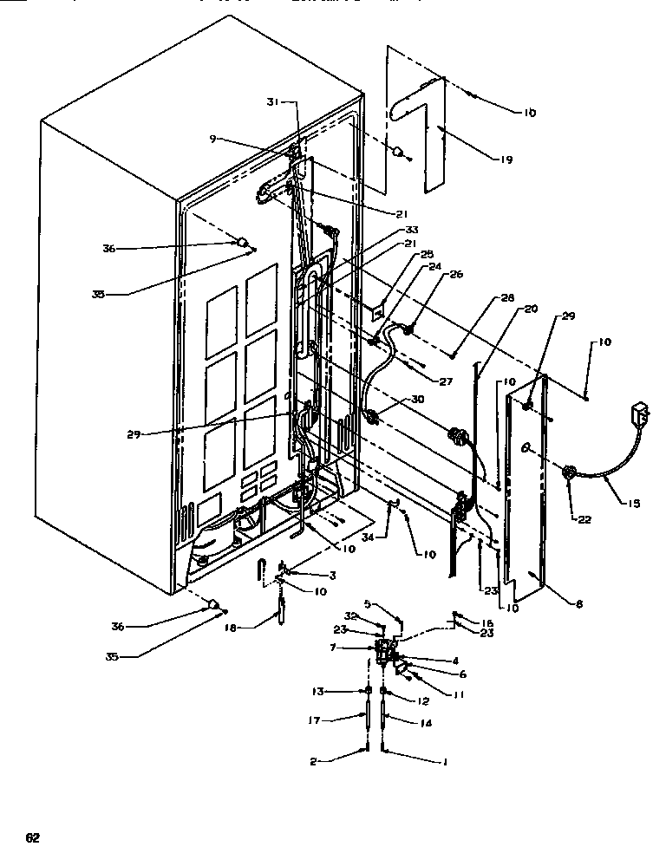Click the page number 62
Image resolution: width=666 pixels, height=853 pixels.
click(32, 837)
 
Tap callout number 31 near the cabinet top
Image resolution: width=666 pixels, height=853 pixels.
click(273, 101)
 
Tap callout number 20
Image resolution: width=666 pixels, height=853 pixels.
click(530, 309)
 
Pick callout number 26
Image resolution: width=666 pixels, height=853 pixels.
click(457, 276)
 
